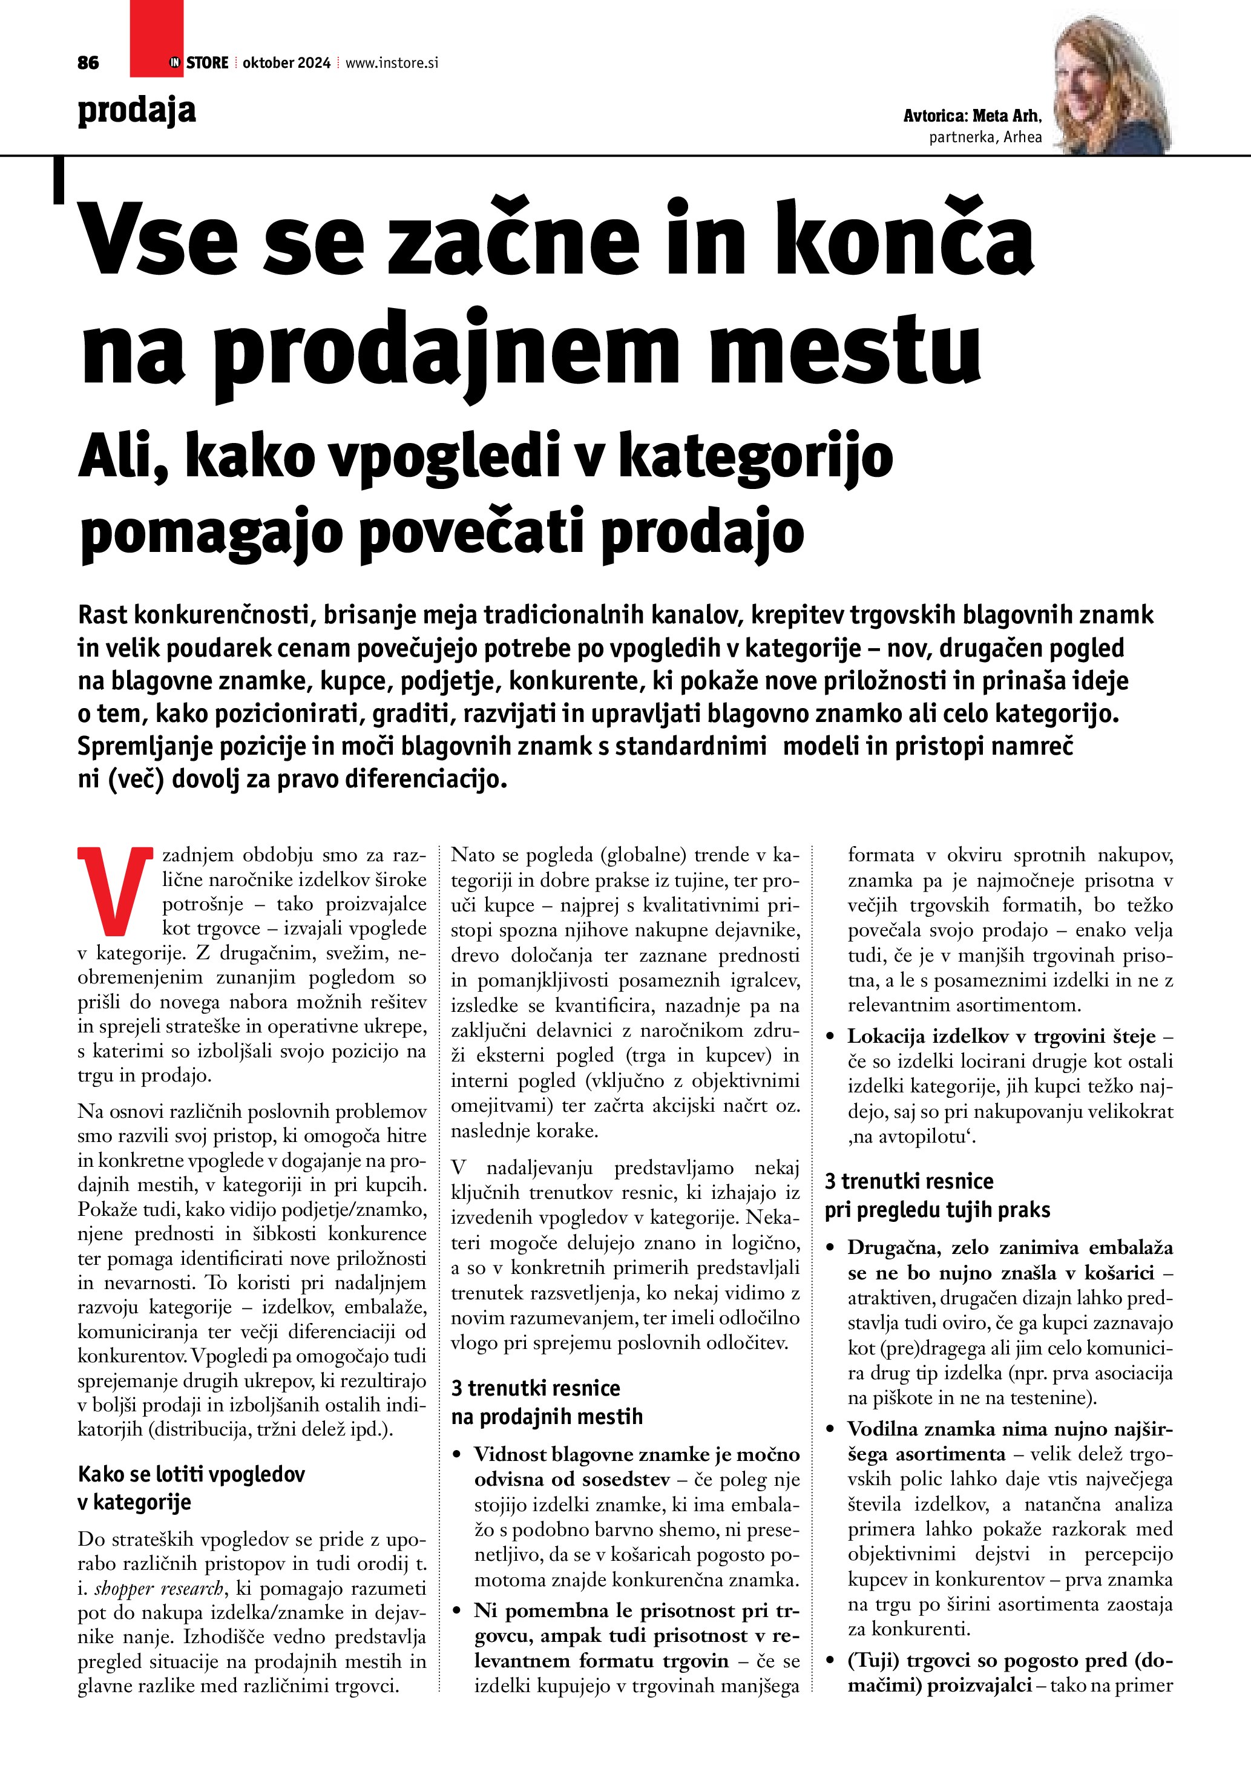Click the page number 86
point(88,63)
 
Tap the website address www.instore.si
point(392,63)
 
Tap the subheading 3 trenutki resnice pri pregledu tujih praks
point(937,1195)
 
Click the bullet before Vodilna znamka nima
point(830,1429)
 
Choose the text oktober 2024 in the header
point(286,63)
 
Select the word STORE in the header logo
point(207,63)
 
